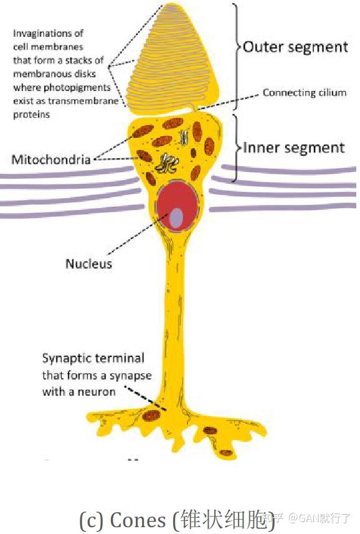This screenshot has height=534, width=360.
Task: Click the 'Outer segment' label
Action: coord(295,47)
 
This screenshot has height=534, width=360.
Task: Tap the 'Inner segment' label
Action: coord(293,148)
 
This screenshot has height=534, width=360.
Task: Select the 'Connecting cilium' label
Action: coord(304,93)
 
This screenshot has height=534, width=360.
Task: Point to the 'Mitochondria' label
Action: coord(51,160)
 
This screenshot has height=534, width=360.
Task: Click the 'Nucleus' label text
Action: coord(88,264)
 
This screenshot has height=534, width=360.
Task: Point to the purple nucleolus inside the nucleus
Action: coord(177,217)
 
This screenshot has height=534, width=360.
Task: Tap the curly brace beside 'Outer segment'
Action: coord(237,47)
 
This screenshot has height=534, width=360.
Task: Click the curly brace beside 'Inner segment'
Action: coord(237,148)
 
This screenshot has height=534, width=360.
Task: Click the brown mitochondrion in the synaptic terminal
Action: coord(151,414)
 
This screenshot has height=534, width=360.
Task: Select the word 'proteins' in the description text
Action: coord(31,115)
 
